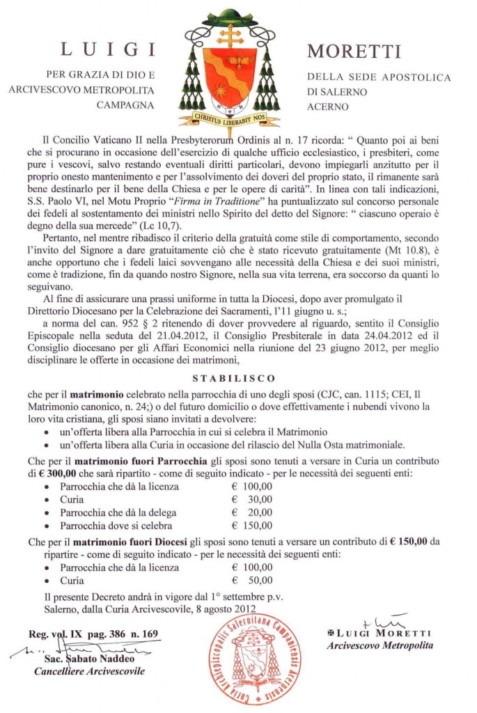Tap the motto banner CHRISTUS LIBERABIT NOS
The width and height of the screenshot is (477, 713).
(x=230, y=120)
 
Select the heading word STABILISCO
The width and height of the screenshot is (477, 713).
(x=238, y=379)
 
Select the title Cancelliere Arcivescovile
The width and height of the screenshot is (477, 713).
(x=90, y=671)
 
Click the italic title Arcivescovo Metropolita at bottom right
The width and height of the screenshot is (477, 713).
(x=379, y=645)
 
